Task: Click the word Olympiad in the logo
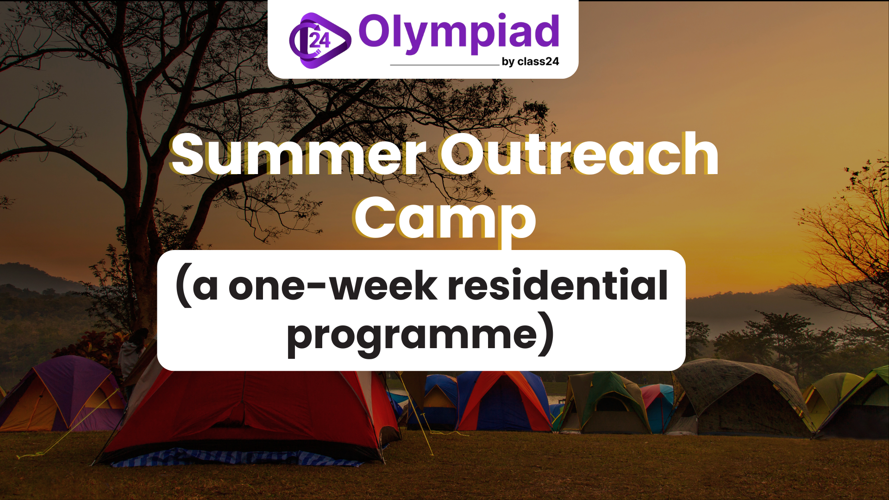459,34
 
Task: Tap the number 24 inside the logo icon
320,40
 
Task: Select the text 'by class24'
531,62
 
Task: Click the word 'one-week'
332,286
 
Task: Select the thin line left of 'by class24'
444,65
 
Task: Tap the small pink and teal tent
657,405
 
